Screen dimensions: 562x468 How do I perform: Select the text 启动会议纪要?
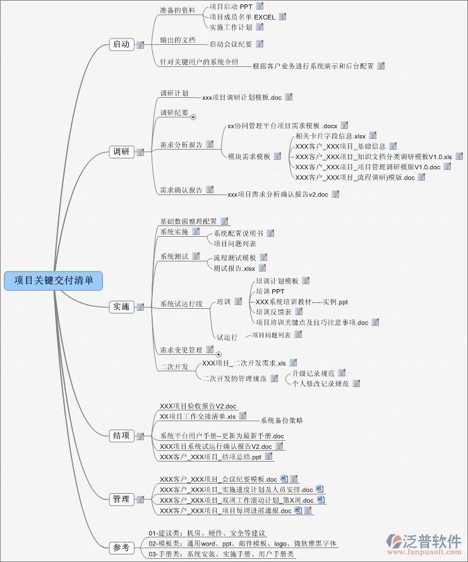(x=231, y=44)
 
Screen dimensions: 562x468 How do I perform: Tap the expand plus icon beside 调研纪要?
(x=193, y=117)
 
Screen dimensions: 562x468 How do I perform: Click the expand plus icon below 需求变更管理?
(x=219, y=354)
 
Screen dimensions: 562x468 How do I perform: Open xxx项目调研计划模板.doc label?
(x=242, y=98)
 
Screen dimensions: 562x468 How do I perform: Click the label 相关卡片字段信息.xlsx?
(x=330, y=136)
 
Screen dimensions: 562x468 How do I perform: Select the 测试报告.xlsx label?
(x=234, y=268)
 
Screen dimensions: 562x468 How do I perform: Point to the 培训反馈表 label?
(x=273, y=312)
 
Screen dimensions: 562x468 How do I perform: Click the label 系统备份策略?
(x=282, y=420)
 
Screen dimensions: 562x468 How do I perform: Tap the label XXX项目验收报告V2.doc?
(x=198, y=406)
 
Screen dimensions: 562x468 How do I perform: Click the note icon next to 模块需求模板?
(x=277, y=156)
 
